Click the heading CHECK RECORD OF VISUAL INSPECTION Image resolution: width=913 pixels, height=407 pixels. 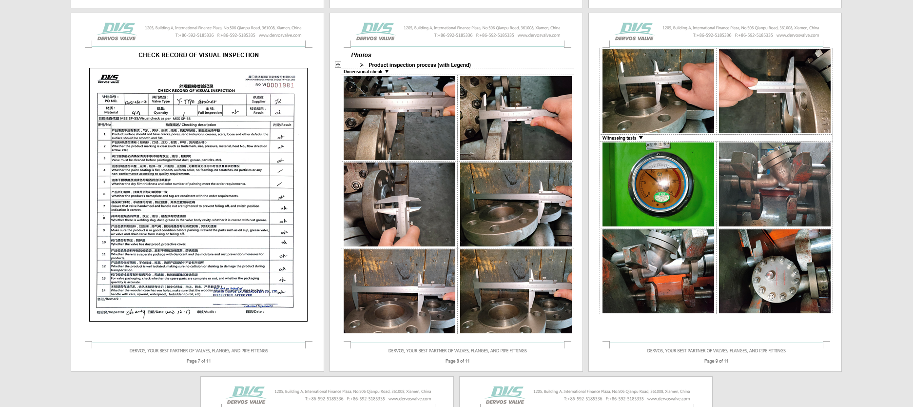[198, 55]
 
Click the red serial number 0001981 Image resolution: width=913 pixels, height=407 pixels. [280, 85]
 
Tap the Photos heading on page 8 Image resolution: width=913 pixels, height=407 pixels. [361, 55]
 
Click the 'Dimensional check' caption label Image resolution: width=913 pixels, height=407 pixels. [363, 72]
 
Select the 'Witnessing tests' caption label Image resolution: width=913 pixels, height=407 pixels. [619, 138]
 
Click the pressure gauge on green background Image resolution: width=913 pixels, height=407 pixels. [657, 185]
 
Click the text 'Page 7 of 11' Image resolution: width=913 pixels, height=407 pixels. [198, 361]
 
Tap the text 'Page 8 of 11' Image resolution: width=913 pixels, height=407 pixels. [457, 361]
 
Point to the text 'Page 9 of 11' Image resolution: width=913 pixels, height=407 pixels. [716, 361]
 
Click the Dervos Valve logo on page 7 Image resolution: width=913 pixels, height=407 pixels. [117, 31]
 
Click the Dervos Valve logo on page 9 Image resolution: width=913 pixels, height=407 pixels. [635, 31]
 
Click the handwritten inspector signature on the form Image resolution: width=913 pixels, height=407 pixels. [136, 312]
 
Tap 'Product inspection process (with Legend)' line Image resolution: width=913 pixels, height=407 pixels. [419, 65]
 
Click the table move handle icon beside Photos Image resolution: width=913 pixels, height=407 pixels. [338, 64]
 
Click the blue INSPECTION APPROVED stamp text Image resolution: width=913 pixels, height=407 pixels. [233, 295]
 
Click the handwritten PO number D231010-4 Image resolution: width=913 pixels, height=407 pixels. [136, 102]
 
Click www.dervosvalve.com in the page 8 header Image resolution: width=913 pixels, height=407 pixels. [539, 35]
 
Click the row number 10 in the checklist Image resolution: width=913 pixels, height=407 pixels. [104, 242]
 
